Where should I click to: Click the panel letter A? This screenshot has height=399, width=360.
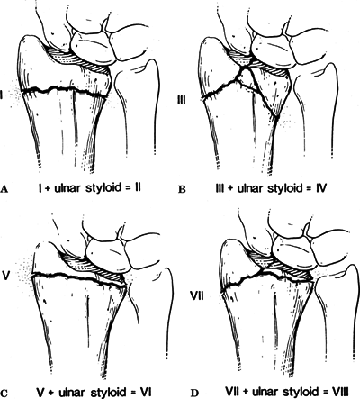(x=4, y=189)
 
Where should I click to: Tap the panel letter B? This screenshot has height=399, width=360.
(x=182, y=189)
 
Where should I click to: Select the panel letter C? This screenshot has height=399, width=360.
(x=4, y=393)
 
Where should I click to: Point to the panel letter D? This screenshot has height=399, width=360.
(x=195, y=393)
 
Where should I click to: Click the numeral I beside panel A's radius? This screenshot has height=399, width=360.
(x=2, y=95)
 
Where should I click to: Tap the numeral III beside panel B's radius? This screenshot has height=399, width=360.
(x=181, y=99)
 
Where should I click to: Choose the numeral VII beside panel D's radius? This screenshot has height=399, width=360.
(x=198, y=296)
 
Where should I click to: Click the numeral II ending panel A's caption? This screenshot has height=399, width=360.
(x=138, y=187)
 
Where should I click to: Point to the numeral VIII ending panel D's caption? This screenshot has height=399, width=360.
(x=339, y=392)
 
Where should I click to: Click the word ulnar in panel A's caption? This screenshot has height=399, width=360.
(x=67, y=187)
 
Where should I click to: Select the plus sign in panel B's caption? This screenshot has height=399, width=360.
(x=232, y=188)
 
